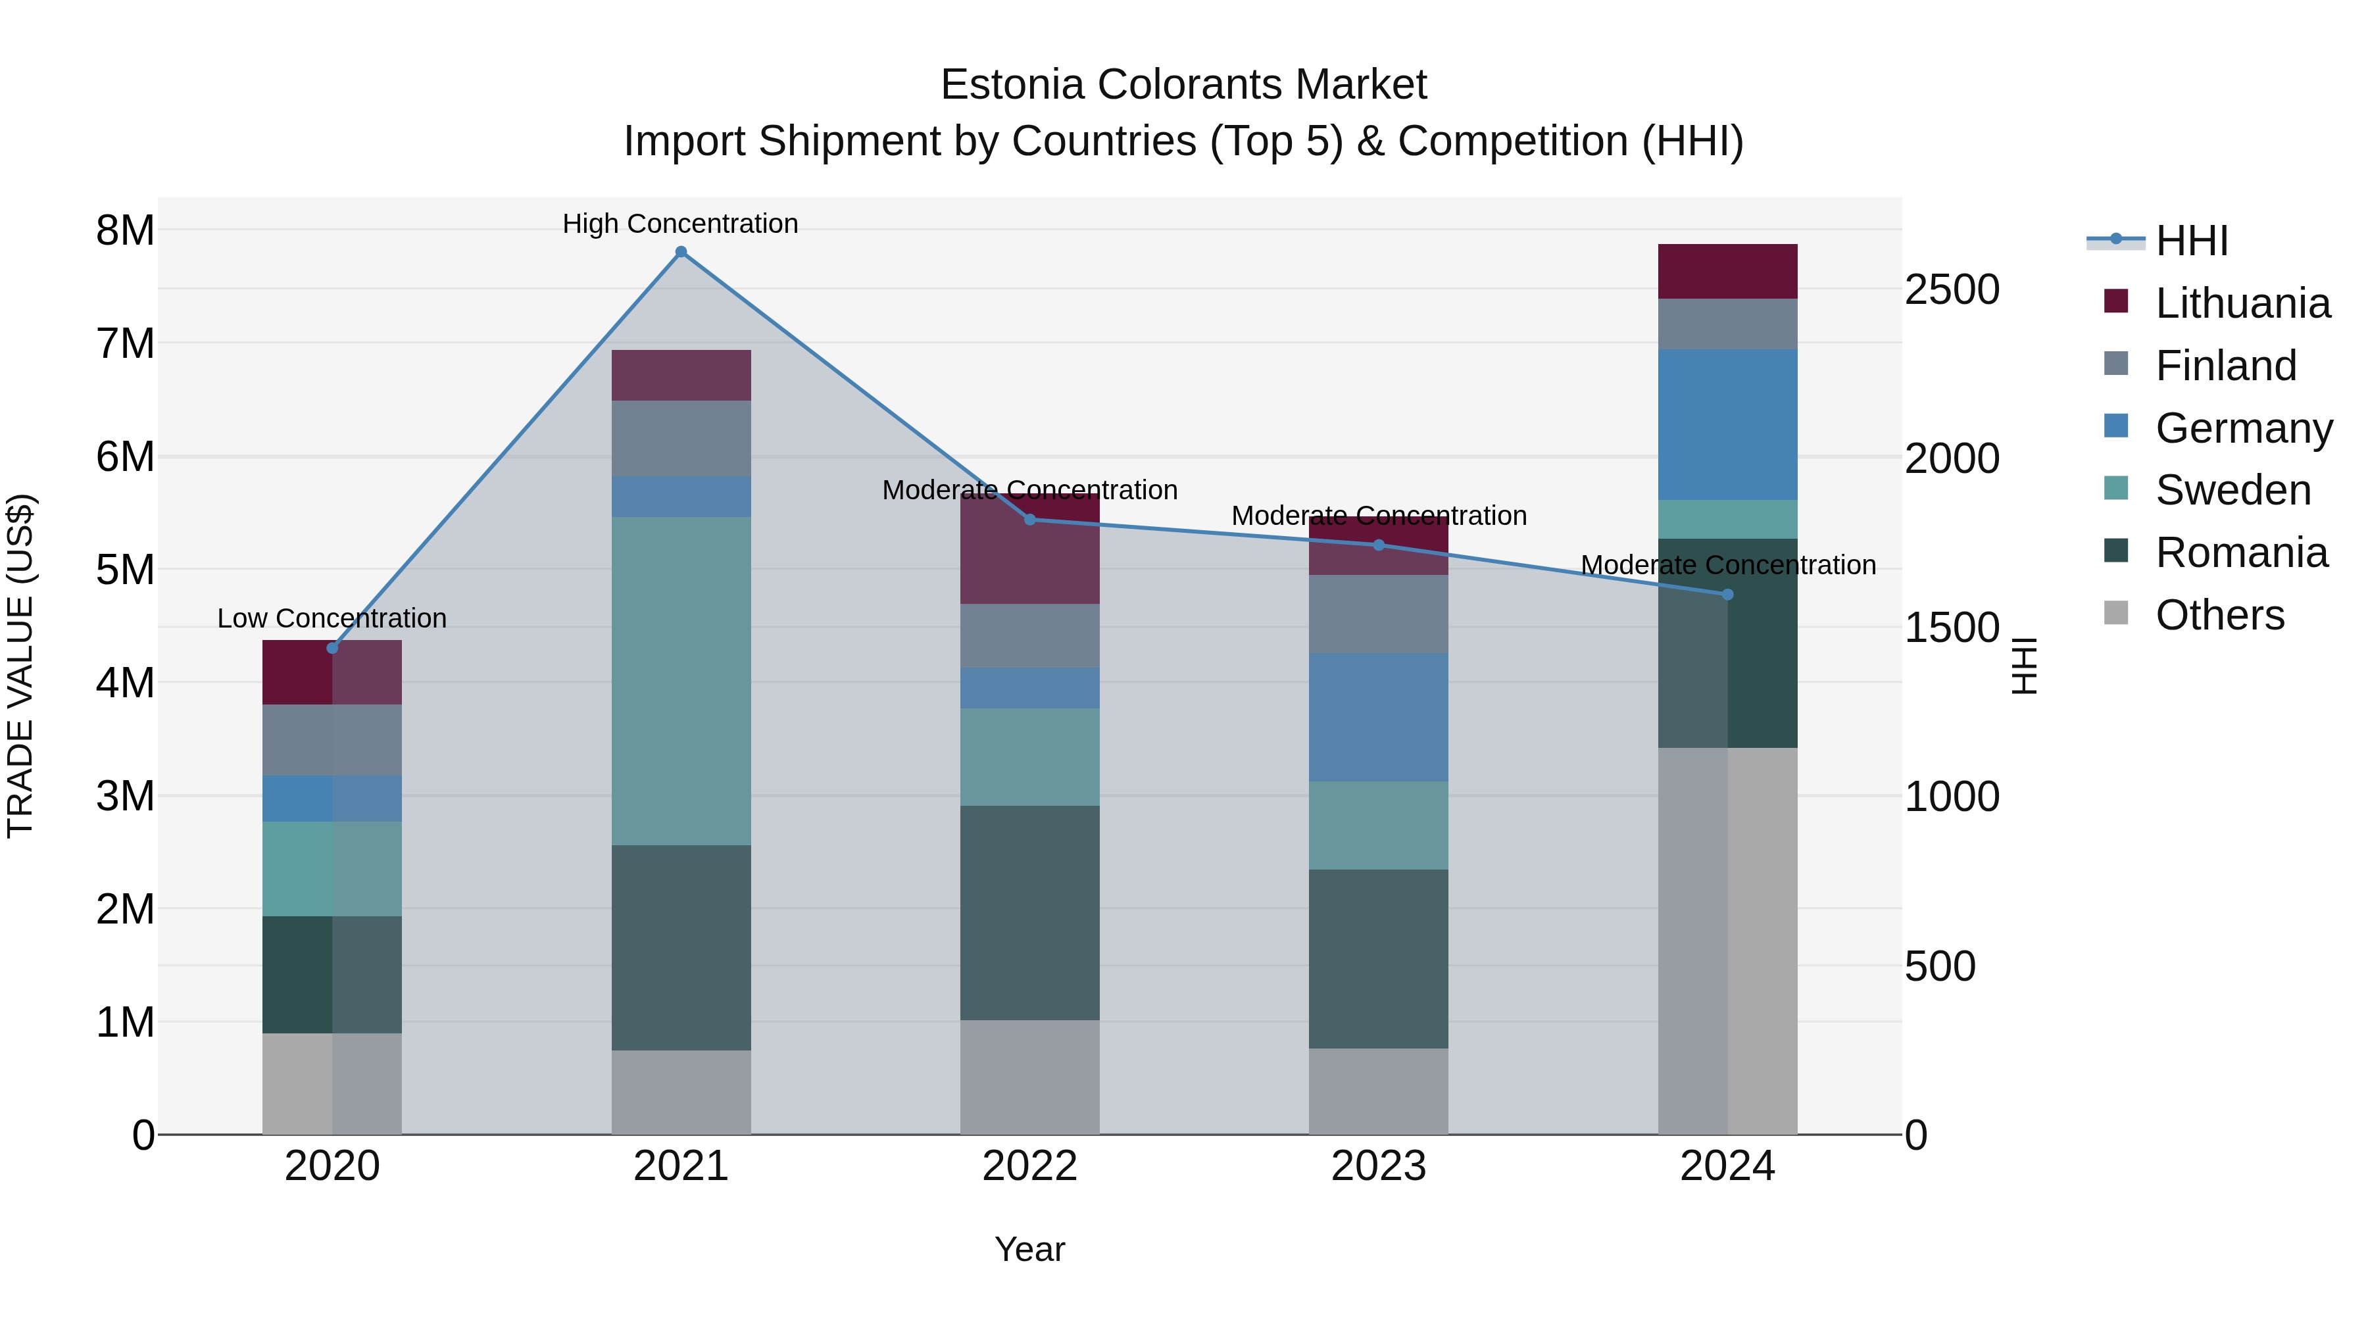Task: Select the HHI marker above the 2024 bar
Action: point(1727,595)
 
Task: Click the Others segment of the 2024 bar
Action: point(1727,941)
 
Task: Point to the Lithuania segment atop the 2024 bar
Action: point(1727,271)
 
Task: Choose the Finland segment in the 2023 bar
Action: point(1378,614)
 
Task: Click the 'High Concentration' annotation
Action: point(680,224)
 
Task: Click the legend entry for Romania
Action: point(2241,553)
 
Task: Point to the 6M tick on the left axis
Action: point(125,456)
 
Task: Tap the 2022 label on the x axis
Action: point(1029,1166)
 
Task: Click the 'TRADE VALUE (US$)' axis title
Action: point(20,666)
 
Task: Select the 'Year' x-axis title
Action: point(1029,1249)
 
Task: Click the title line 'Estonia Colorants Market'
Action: point(1183,85)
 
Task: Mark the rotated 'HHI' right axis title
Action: point(2024,666)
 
